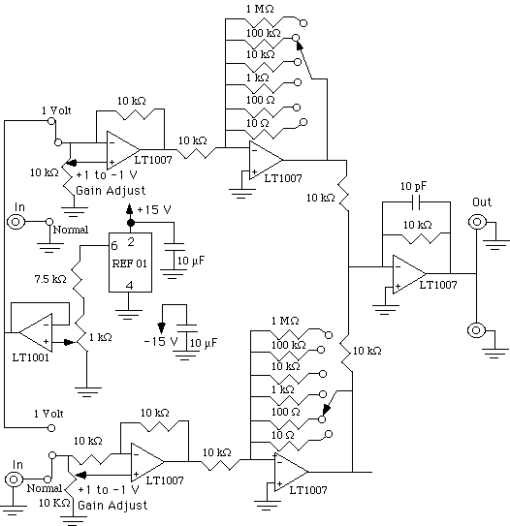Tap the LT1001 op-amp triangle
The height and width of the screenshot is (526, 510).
pyautogui.click(x=36, y=333)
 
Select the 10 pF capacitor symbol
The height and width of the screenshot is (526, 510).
pyautogui.click(x=416, y=201)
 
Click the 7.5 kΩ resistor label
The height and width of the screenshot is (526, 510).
pyautogui.click(x=50, y=279)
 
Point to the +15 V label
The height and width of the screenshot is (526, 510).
pyautogui.click(x=154, y=210)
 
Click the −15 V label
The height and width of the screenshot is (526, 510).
pyautogui.click(x=161, y=342)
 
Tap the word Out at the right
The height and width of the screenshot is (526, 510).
pyautogui.click(x=482, y=201)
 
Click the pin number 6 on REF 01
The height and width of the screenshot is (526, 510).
pyautogui.click(x=114, y=246)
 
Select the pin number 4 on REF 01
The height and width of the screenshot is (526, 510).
pyautogui.click(x=130, y=285)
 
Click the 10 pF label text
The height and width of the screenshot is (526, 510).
pyautogui.click(x=413, y=186)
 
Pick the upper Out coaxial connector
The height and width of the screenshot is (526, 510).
pyautogui.click(x=477, y=222)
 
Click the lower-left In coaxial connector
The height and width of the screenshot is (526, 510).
pyautogui.click(x=14, y=480)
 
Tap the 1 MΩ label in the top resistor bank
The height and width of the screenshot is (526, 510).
pyautogui.click(x=260, y=9)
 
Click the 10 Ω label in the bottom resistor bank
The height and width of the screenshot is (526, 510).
pyautogui.click(x=282, y=435)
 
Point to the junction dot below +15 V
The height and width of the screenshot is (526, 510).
pyautogui.click(x=131, y=223)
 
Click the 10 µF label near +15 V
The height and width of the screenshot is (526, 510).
pyautogui.click(x=191, y=261)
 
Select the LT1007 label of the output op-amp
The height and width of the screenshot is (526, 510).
pyautogui.click(x=438, y=285)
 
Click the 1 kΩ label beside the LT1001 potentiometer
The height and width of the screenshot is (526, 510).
pyautogui.click(x=101, y=337)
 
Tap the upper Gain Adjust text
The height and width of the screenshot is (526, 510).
pyautogui.click(x=111, y=191)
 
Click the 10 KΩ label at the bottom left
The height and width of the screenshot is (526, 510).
pyautogui.click(x=54, y=503)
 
